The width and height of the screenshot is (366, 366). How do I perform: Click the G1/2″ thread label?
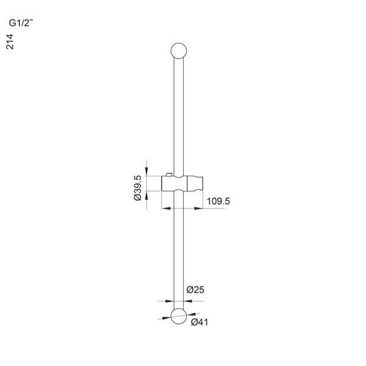(x=20, y=23)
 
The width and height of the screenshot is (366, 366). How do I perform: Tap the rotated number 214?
(x=10, y=41)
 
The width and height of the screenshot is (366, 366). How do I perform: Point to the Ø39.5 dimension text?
(x=138, y=188)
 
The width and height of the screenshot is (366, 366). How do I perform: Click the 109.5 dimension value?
(x=218, y=201)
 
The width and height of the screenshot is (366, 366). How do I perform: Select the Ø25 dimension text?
(x=195, y=290)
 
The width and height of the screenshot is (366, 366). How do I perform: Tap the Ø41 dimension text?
(x=199, y=322)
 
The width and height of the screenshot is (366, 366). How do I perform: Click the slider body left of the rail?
(x=168, y=184)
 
